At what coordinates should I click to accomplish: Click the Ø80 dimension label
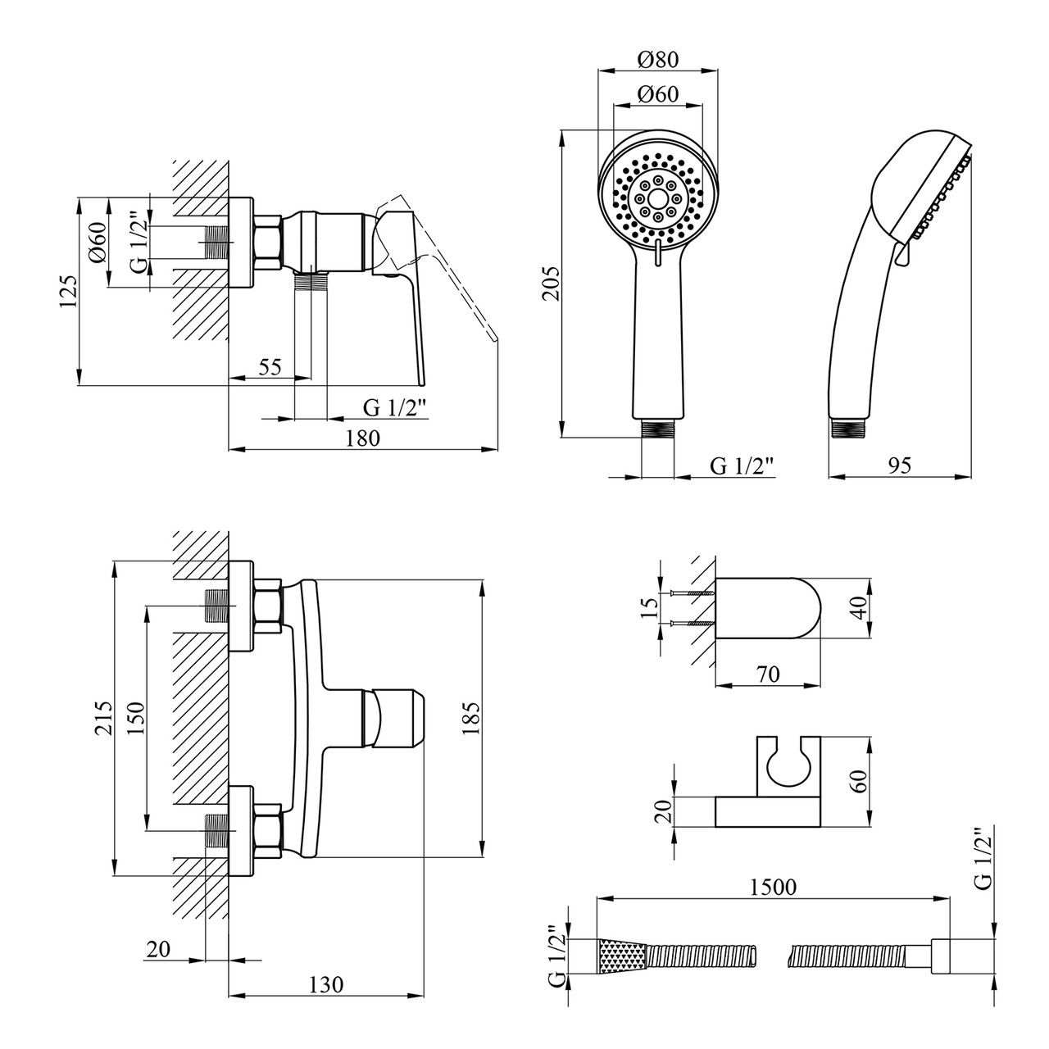pyautogui.click(x=659, y=59)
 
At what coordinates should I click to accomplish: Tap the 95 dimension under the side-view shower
pyautogui.click(x=900, y=465)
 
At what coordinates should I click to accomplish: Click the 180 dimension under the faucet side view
pyautogui.click(x=362, y=438)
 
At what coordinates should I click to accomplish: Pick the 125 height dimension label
pyautogui.click(x=69, y=292)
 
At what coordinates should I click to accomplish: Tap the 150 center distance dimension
pyautogui.click(x=136, y=719)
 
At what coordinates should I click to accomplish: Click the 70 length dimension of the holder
pyautogui.click(x=768, y=674)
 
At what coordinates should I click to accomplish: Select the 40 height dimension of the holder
pyautogui.click(x=860, y=609)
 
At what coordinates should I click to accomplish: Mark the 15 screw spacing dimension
pyautogui.click(x=651, y=607)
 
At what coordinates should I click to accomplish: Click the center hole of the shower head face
pyautogui.click(x=659, y=198)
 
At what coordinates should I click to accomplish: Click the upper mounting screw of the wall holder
pyautogui.click(x=685, y=593)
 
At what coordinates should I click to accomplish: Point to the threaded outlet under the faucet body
pyautogui.click(x=311, y=283)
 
